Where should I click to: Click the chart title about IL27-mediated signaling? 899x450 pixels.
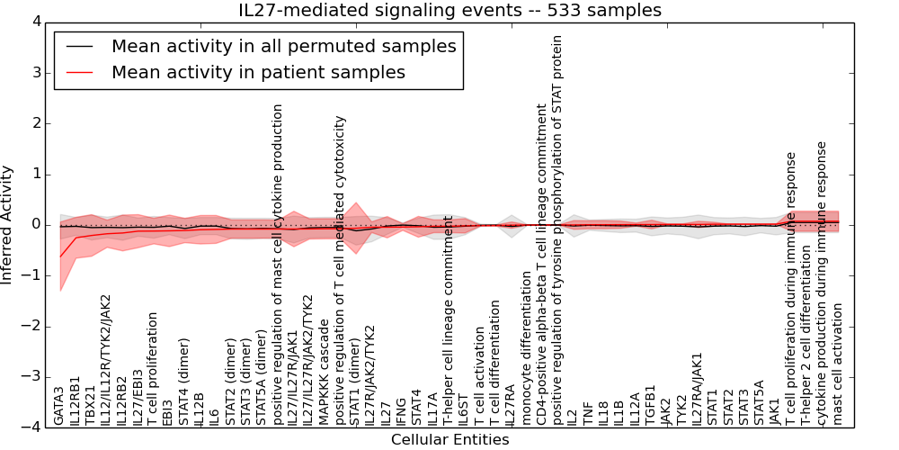449,10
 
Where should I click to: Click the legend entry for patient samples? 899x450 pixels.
258,72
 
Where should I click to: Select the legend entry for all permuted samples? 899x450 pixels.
283,46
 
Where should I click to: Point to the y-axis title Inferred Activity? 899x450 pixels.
8,225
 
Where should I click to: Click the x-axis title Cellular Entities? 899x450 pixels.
449,439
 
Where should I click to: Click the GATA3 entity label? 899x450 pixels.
59,405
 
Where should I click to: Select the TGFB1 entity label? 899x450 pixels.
650,405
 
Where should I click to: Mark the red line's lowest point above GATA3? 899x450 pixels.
60,256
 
